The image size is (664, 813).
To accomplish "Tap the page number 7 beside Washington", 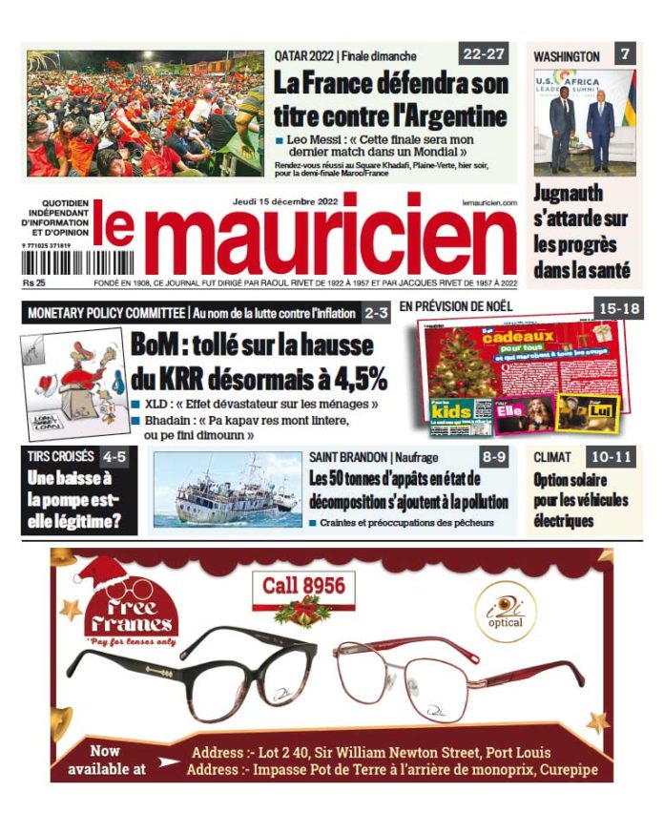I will pyautogui.click(x=624, y=54).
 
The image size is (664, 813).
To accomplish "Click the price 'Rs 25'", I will pyautogui.click(x=35, y=283).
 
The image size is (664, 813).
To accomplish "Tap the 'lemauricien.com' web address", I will pyautogui.click(x=488, y=203).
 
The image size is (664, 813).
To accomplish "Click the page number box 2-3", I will pyautogui.click(x=376, y=312).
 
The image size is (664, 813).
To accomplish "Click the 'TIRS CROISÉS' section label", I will pyautogui.click(x=61, y=456).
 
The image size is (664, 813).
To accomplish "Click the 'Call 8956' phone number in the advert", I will pyautogui.click(x=303, y=585).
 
